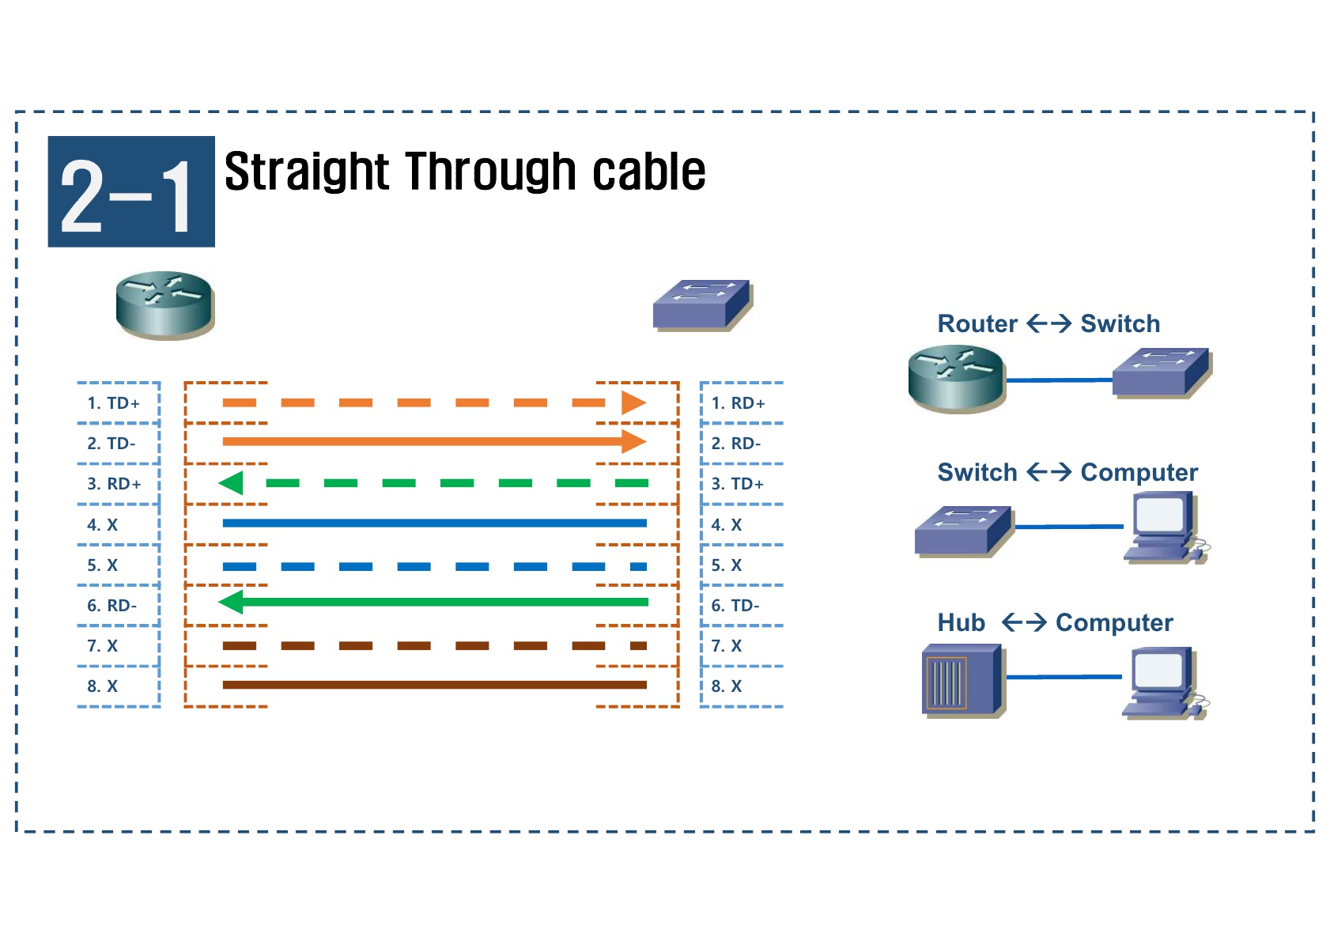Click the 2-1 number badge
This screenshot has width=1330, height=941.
coord(131,192)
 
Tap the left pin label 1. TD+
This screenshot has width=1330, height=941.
coord(113,403)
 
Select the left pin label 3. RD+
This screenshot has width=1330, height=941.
coord(114,484)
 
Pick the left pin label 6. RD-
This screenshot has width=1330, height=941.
coord(111,606)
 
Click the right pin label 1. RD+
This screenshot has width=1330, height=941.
coord(738,403)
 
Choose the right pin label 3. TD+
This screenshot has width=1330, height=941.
coord(737,484)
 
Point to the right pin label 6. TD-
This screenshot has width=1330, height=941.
coord(735,606)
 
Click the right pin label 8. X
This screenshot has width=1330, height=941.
coord(727,686)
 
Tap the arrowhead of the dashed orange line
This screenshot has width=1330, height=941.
coord(633,402)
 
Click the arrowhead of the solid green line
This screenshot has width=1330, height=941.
coord(231,603)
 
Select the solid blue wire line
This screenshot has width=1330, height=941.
coord(435,523)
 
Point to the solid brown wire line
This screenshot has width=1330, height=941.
coord(435,685)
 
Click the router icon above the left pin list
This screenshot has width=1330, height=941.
coord(164,305)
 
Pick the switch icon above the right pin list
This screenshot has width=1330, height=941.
coord(702,304)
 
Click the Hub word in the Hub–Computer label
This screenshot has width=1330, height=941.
coord(961,623)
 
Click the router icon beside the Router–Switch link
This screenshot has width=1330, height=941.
coord(956,379)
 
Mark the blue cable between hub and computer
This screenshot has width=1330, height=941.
coord(1064,677)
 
